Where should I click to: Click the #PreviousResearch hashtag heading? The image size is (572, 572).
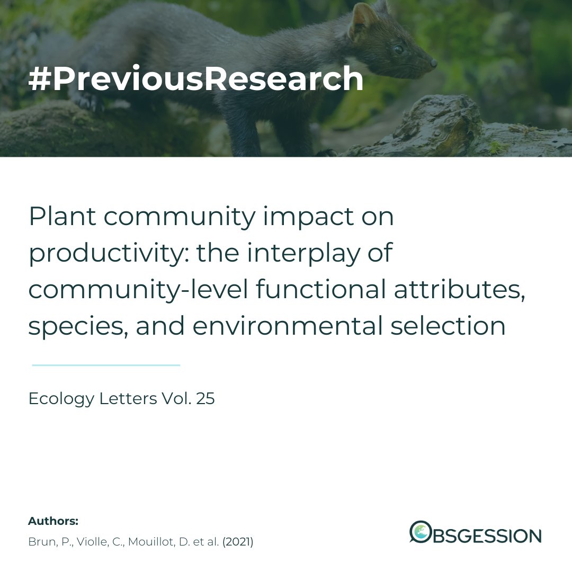(196, 79)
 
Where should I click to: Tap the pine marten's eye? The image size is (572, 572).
(398, 50)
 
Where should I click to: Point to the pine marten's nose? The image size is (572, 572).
(433, 62)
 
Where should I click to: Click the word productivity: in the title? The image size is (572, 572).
(105, 254)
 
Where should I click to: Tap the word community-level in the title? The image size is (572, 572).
(139, 290)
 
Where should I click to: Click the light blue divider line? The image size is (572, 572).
(106, 365)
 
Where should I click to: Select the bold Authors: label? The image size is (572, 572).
(53, 521)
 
